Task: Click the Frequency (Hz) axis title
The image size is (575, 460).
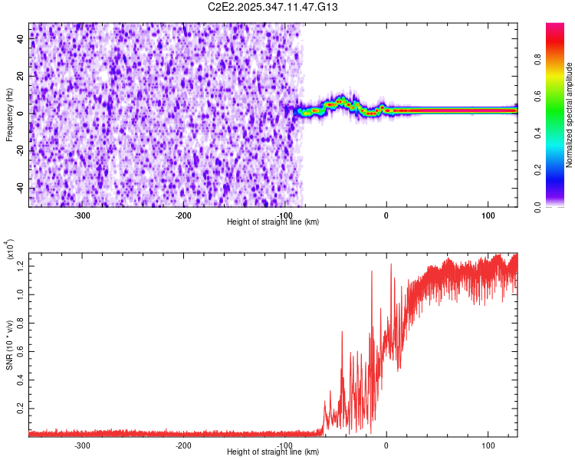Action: click(x=9, y=115)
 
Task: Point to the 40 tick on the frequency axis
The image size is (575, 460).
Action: click(x=21, y=39)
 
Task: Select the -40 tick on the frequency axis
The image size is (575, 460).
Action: click(x=21, y=189)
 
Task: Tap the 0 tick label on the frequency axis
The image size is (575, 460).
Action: click(x=21, y=113)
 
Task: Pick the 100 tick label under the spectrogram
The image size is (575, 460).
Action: click(x=488, y=215)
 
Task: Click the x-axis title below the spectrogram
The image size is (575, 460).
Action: click(x=273, y=222)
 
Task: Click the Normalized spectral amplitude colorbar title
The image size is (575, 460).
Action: click(x=570, y=115)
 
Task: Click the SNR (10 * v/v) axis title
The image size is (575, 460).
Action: click(x=9, y=345)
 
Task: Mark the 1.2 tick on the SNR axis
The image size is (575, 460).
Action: click(x=21, y=265)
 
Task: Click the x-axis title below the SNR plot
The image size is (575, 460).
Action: click(x=273, y=452)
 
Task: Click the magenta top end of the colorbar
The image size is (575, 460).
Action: click(x=555, y=27)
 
